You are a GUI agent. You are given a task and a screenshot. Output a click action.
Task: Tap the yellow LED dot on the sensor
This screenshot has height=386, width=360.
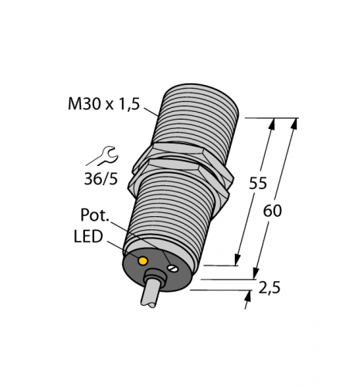click(x=142, y=261)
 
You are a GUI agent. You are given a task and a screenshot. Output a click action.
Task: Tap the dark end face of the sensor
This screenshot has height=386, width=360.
click(x=158, y=270)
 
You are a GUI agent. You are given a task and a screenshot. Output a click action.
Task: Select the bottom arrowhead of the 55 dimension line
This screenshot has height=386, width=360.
click(x=237, y=260)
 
